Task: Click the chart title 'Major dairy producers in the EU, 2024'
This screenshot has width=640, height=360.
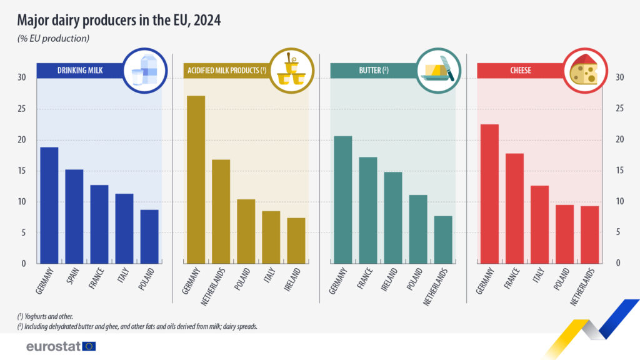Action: click(x=118, y=20)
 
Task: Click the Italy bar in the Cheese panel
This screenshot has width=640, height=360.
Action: click(x=539, y=224)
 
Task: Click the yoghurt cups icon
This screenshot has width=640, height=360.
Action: click(x=291, y=71)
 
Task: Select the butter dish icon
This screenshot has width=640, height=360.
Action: click(x=439, y=71)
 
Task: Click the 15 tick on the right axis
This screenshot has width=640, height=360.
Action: click(x=619, y=171)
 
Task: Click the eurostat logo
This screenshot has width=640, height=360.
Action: click(x=61, y=346)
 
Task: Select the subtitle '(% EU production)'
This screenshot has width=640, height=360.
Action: click(x=53, y=39)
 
